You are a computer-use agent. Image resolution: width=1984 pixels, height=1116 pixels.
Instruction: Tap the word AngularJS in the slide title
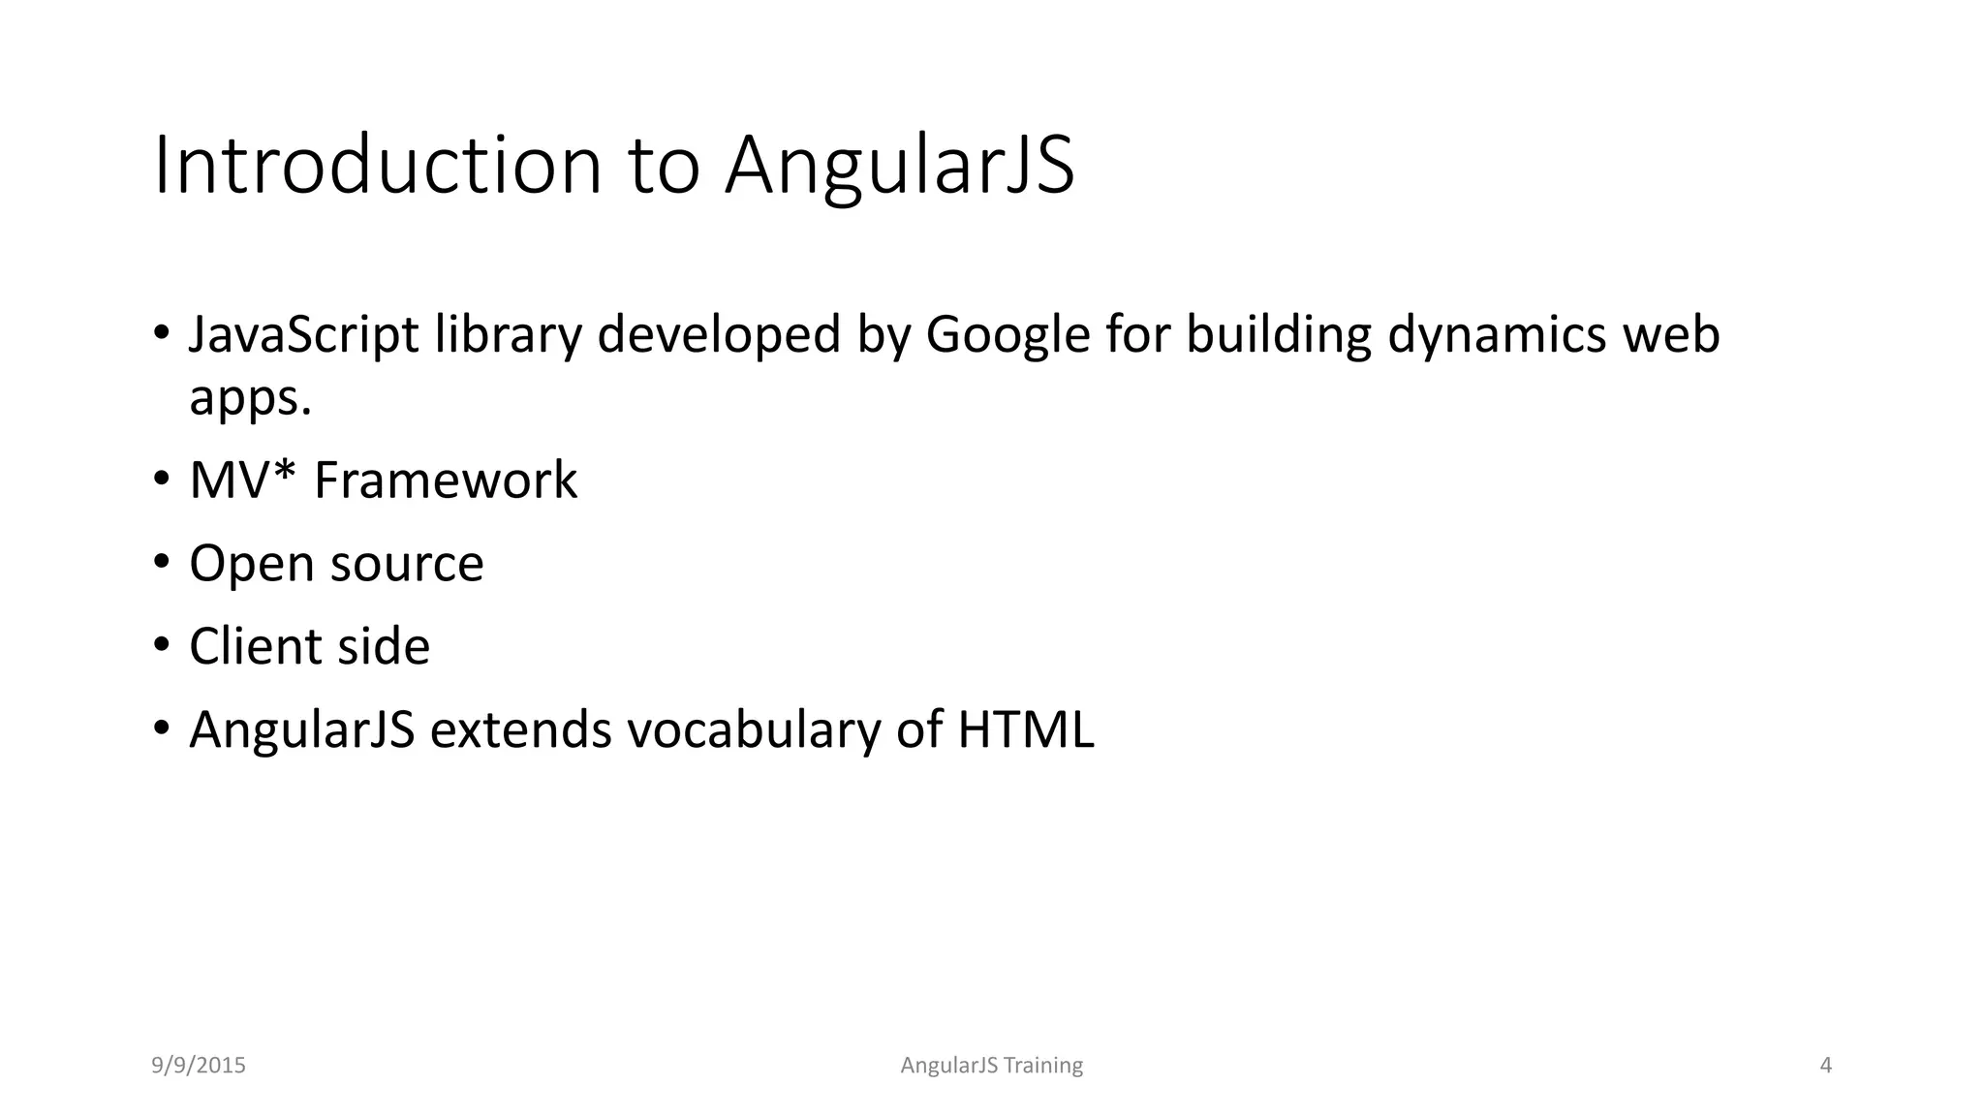(900, 167)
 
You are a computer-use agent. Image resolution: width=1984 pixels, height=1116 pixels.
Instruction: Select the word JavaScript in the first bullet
(304, 335)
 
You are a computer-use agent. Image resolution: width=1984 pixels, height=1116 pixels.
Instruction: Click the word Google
(1008, 335)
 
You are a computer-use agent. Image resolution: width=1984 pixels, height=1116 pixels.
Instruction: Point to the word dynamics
(1497, 335)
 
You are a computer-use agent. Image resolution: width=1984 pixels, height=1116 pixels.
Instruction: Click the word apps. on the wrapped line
(250, 397)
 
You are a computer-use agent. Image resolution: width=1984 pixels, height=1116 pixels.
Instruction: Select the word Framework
(446, 480)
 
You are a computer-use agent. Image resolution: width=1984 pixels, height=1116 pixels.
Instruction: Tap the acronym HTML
(1025, 729)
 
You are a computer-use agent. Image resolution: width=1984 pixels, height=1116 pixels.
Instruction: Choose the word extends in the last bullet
(521, 729)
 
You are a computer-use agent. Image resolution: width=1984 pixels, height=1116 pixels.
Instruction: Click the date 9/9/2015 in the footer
(199, 1066)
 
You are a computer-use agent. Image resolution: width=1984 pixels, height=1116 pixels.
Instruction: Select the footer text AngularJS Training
(991, 1066)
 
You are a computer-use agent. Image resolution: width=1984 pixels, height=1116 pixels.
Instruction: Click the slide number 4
(1826, 1066)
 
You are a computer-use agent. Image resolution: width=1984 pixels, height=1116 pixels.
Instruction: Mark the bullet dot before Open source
(162, 563)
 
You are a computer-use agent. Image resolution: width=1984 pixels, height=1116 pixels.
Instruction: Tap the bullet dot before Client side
(162, 645)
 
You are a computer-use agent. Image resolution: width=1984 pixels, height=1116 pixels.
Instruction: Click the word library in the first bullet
(508, 335)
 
